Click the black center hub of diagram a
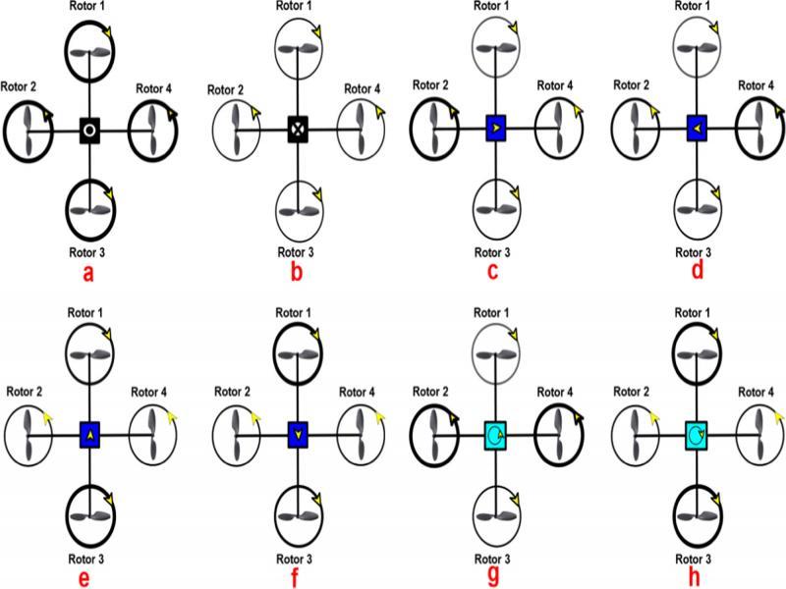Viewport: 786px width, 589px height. tap(88, 129)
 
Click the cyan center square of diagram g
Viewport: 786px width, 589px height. tap(496, 433)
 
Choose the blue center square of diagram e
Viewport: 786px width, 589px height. tap(89, 433)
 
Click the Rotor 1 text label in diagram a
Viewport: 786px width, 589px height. tap(88, 8)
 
